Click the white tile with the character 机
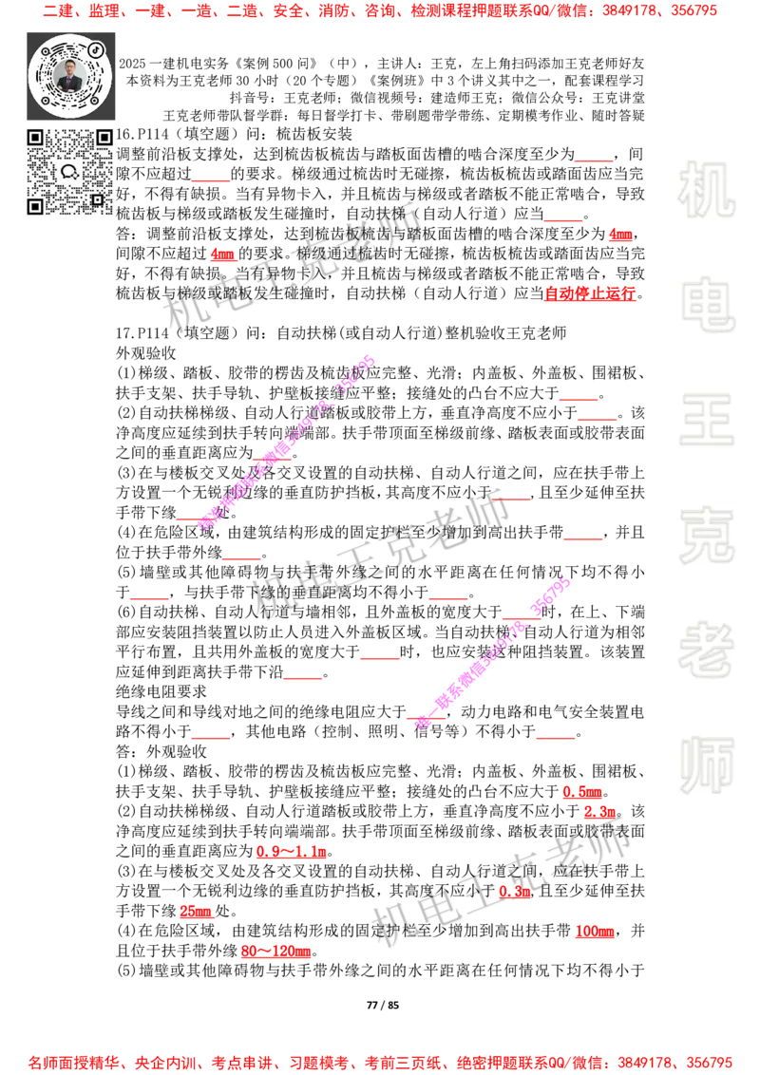706,189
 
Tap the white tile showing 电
710,303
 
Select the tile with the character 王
706,421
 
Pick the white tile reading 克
706,535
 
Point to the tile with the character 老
706,650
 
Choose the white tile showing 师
706,766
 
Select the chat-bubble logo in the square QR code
69,172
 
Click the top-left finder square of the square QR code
35,138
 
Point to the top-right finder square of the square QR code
104,138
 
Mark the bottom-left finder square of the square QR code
35,206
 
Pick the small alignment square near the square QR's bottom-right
97,199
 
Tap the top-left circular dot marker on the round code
41,49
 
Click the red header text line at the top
380,11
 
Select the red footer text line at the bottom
380,1062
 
